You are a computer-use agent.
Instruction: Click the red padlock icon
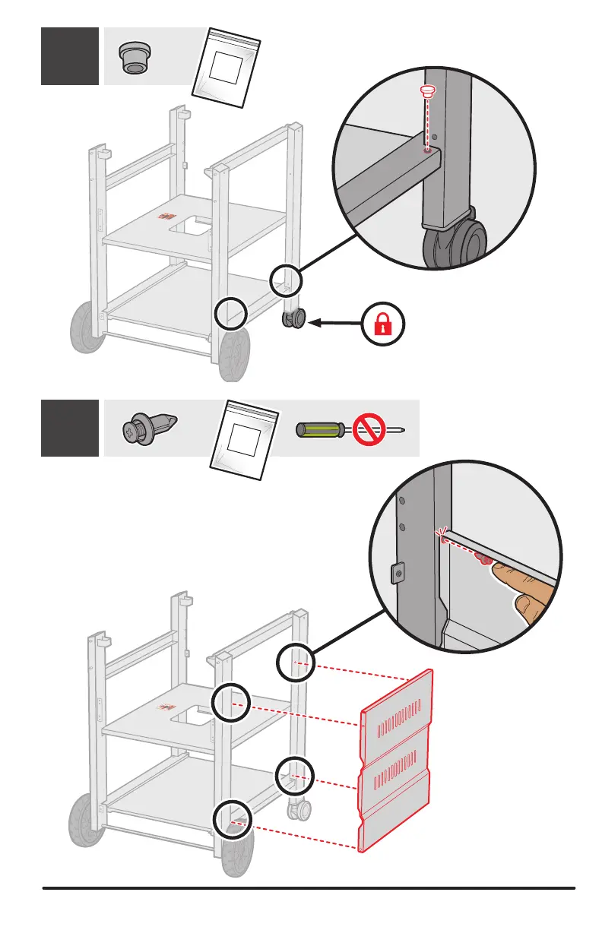pyautogui.click(x=383, y=323)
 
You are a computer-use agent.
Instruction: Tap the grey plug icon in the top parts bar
pyautogui.click(x=135, y=57)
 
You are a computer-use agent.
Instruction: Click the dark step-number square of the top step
pyautogui.click(x=69, y=56)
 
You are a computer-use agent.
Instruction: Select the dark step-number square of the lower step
pyautogui.click(x=69, y=428)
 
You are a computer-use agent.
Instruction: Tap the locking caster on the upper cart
pyautogui.click(x=294, y=319)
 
